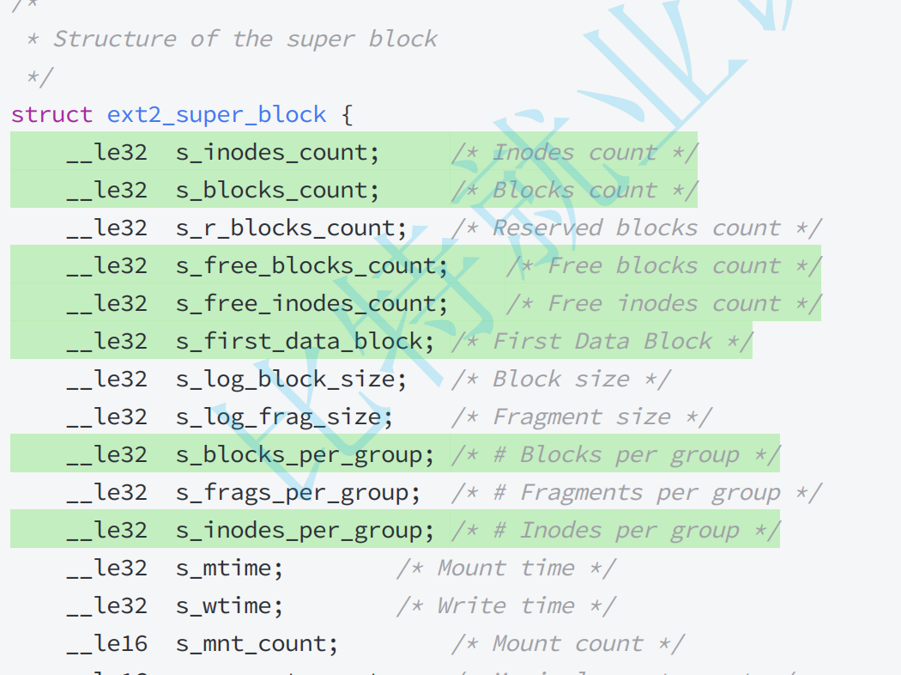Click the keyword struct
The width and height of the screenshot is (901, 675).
pos(51,115)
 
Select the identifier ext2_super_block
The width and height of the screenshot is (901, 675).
pos(216,115)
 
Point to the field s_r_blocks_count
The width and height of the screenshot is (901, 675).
pos(291,228)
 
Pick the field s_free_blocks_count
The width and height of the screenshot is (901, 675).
pos(311,266)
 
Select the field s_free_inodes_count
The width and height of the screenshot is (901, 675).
pos(311,304)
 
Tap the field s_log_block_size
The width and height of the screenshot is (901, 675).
pos(291,380)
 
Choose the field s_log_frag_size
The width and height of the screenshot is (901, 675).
pos(284,417)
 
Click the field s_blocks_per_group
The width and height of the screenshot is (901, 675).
pos(305,455)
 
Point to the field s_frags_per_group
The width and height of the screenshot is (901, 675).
pos(298,493)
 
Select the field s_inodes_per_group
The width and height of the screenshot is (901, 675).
pos(305,531)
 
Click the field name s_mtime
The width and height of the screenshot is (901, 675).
pos(229,569)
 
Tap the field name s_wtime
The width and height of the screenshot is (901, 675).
pos(229,606)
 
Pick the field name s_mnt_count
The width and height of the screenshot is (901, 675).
pos(257,644)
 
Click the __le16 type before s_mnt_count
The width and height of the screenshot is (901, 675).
pos(107,644)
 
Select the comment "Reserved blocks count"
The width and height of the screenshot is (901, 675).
pos(636,228)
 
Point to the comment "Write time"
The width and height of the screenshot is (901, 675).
pos(505,606)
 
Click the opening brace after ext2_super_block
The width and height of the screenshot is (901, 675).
pos(347,115)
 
